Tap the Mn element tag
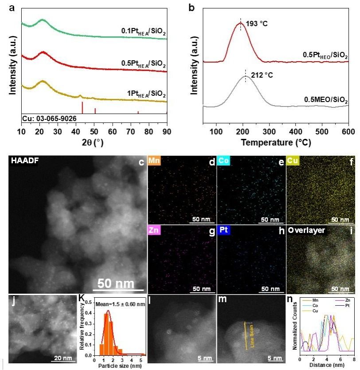pos(155,161)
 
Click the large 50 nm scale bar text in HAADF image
pos(118,283)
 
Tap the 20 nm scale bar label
pos(62,358)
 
